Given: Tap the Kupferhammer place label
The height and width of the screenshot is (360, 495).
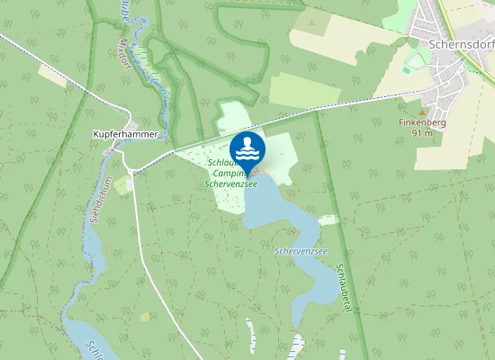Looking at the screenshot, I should click(126, 134).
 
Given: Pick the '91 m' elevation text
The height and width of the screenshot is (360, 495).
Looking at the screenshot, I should click(423, 132).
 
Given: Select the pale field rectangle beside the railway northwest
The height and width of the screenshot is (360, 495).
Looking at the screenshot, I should click(51, 75).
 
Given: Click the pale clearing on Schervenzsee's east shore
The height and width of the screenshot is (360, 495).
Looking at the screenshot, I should click(329, 220).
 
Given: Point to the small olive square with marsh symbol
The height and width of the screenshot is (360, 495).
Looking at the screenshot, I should click(145, 317).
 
